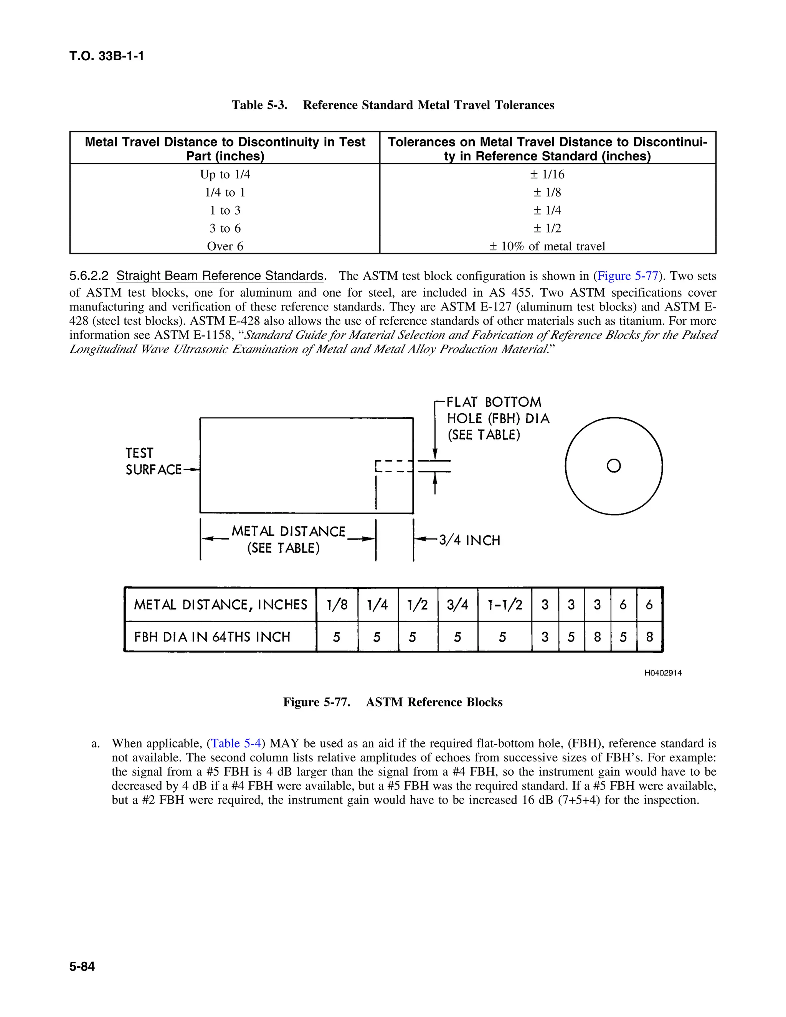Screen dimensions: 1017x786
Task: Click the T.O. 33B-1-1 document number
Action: click(107, 56)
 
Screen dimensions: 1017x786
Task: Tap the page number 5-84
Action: click(82, 967)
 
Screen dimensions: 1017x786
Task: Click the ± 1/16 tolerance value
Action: click(547, 175)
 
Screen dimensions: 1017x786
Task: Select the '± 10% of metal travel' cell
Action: click(547, 246)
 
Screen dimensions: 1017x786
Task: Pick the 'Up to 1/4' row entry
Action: click(225, 175)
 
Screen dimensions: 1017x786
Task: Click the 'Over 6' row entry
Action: click(225, 246)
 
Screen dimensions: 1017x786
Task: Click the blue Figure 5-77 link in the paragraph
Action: click(627, 276)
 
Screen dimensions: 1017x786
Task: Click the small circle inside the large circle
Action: click(614, 466)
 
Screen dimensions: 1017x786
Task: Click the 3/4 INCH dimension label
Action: click(469, 541)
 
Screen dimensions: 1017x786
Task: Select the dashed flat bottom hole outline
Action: click(394, 467)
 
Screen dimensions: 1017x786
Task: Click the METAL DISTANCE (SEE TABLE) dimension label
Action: click(288, 540)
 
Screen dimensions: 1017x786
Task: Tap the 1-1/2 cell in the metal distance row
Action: click(504, 605)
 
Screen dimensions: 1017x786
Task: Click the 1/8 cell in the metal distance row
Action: click(337, 605)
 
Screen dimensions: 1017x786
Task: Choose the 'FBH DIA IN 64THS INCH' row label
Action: click(212, 637)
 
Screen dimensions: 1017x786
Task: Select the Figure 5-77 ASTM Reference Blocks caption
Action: click(393, 702)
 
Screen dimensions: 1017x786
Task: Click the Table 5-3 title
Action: click(393, 105)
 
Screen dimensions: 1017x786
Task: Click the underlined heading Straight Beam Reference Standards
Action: click(220, 276)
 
